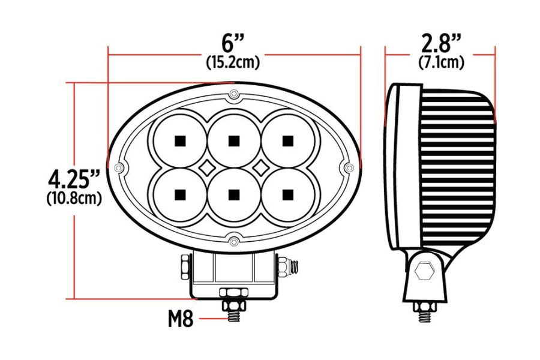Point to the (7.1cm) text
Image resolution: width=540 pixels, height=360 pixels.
(x=441, y=62)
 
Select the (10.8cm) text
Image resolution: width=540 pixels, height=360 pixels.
(x=73, y=198)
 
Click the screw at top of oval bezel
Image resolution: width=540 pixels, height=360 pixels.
(x=233, y=95)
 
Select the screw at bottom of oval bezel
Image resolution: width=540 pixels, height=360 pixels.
(x=233, y=242)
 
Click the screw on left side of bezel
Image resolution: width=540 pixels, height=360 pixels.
(x=119, y=167)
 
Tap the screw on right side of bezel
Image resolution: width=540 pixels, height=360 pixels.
(x=348, y=167)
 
